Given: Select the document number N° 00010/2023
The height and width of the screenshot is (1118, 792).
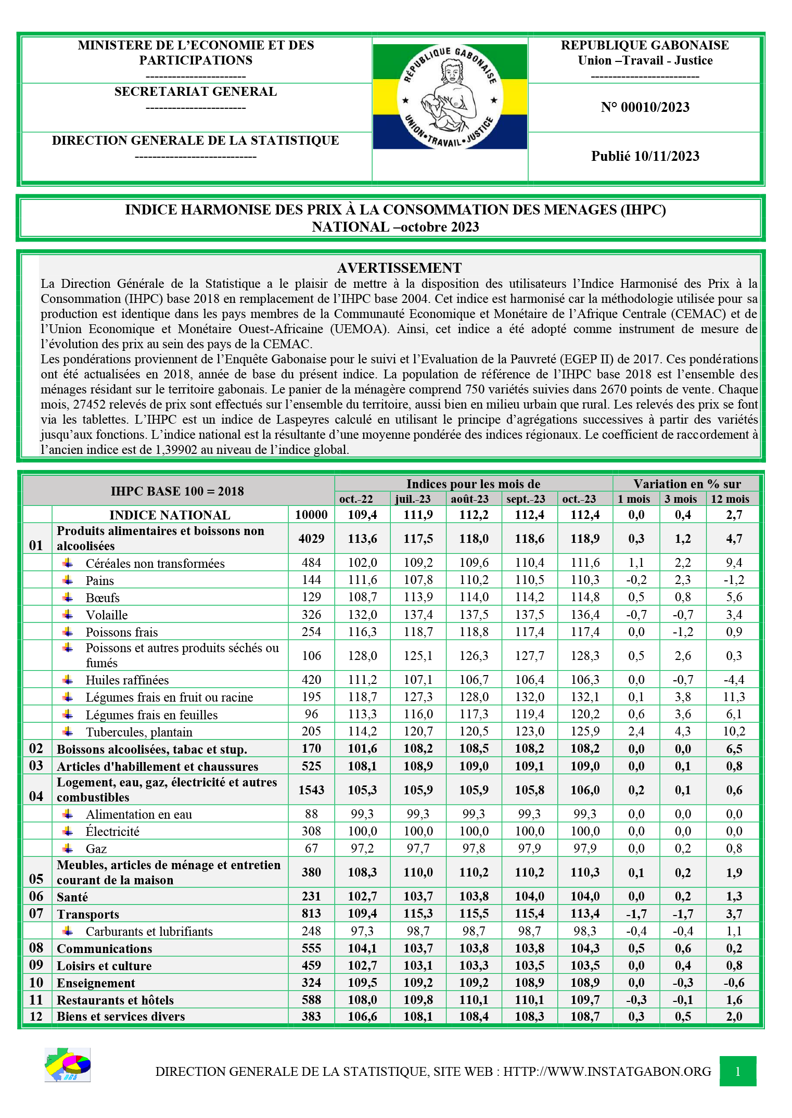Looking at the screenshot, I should pos(645,107).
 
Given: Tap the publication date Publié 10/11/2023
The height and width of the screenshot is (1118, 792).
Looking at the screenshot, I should pos(645,156).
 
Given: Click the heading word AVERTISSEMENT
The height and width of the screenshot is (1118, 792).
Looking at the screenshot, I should pos(399,268).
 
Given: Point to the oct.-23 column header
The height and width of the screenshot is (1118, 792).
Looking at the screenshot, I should pos(579,499).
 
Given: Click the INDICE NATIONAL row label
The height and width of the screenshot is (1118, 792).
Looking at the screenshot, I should pos(170,515).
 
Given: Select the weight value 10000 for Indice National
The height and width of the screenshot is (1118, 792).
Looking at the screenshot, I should pos(311,515).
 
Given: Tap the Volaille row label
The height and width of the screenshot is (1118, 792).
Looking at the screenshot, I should pos(107,615).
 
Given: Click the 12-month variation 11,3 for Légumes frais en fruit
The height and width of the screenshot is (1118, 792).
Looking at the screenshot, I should pos(734,697).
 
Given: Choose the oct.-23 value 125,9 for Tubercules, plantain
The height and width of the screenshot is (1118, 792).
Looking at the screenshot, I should pos(585,731).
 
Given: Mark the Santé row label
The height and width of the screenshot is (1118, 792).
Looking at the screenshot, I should pos(72,897).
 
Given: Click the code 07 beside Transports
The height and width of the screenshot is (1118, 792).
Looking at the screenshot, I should pos(36,913).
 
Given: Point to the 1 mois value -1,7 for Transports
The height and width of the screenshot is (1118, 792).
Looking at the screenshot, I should pos(636,913).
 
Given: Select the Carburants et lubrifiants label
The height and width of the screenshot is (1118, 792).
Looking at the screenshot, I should pos(149,931).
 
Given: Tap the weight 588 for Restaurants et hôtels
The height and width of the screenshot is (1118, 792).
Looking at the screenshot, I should pos(311,1000).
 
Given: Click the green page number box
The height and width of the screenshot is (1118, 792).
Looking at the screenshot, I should pos(737,1071).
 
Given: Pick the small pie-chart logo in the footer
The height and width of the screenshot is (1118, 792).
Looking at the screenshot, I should pos(68,1065).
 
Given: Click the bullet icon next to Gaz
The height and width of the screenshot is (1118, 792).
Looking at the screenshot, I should pos(68,848).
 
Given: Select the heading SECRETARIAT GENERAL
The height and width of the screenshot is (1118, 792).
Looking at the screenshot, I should pos(196,92).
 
